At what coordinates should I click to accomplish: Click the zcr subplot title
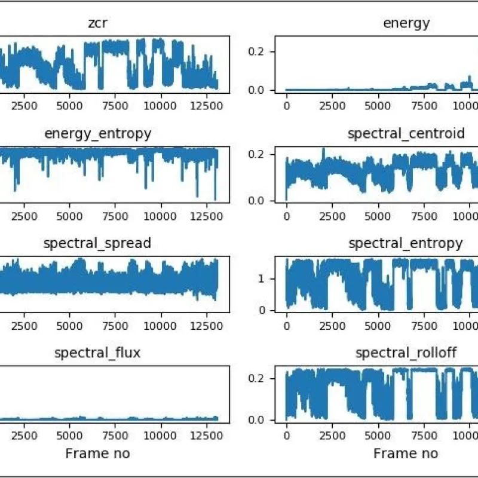97,23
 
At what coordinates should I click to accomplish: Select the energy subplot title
406,23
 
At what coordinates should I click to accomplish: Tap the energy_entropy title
98,134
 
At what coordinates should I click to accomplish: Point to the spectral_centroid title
406,134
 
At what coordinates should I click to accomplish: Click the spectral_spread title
97,244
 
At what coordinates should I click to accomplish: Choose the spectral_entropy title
406,244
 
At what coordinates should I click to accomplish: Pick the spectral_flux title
97,353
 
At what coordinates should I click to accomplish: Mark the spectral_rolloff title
406,353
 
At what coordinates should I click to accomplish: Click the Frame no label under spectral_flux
97,454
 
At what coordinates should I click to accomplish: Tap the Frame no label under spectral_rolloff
406,454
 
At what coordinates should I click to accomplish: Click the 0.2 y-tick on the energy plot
256,51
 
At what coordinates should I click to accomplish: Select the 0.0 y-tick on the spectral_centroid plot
256,201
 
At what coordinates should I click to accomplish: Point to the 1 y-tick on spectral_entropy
261,279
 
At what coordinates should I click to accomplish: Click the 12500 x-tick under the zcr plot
206,106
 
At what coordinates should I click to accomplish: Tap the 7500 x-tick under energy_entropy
115,216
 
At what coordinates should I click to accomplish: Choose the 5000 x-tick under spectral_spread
69,326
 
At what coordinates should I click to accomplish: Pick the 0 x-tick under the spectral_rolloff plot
287,436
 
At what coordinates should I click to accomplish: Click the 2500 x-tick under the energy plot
332,106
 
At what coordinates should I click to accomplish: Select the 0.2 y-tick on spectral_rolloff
256,378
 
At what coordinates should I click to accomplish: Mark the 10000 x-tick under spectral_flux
160,436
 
